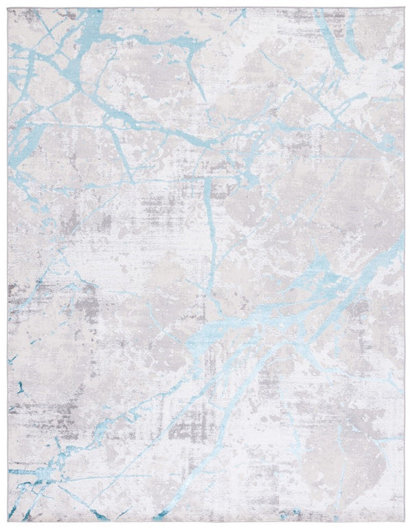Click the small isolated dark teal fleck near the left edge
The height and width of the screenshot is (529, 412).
(12, 357)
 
